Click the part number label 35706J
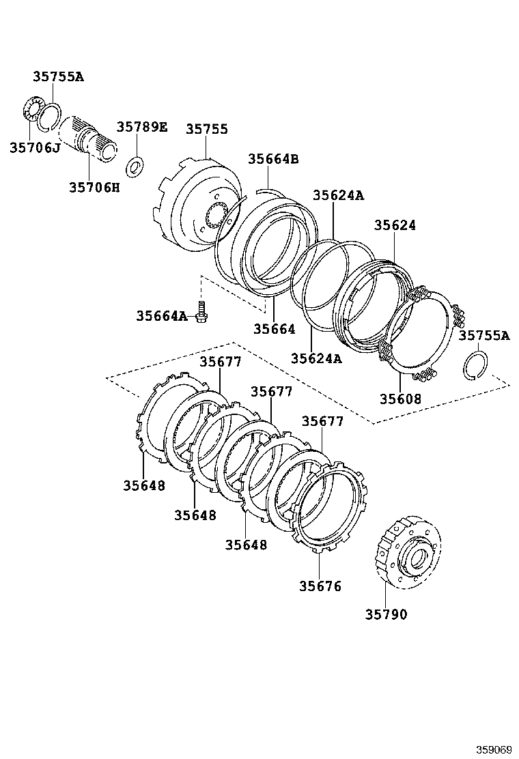pos(35,147)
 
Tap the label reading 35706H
pos(94,186)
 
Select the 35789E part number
pos(141,127)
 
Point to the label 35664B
pos(273,159)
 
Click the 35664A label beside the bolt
pos(161,315)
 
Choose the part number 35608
pos(401,399)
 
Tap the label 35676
pos(320,586)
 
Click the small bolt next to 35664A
pos(201,311)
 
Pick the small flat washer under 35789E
pos(136,164)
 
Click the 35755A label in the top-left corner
pos(58,76)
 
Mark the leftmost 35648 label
pos(144,485)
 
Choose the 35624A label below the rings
pos(316,358)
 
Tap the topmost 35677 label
pos(220,362)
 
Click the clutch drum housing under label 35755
pos(195,205)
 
